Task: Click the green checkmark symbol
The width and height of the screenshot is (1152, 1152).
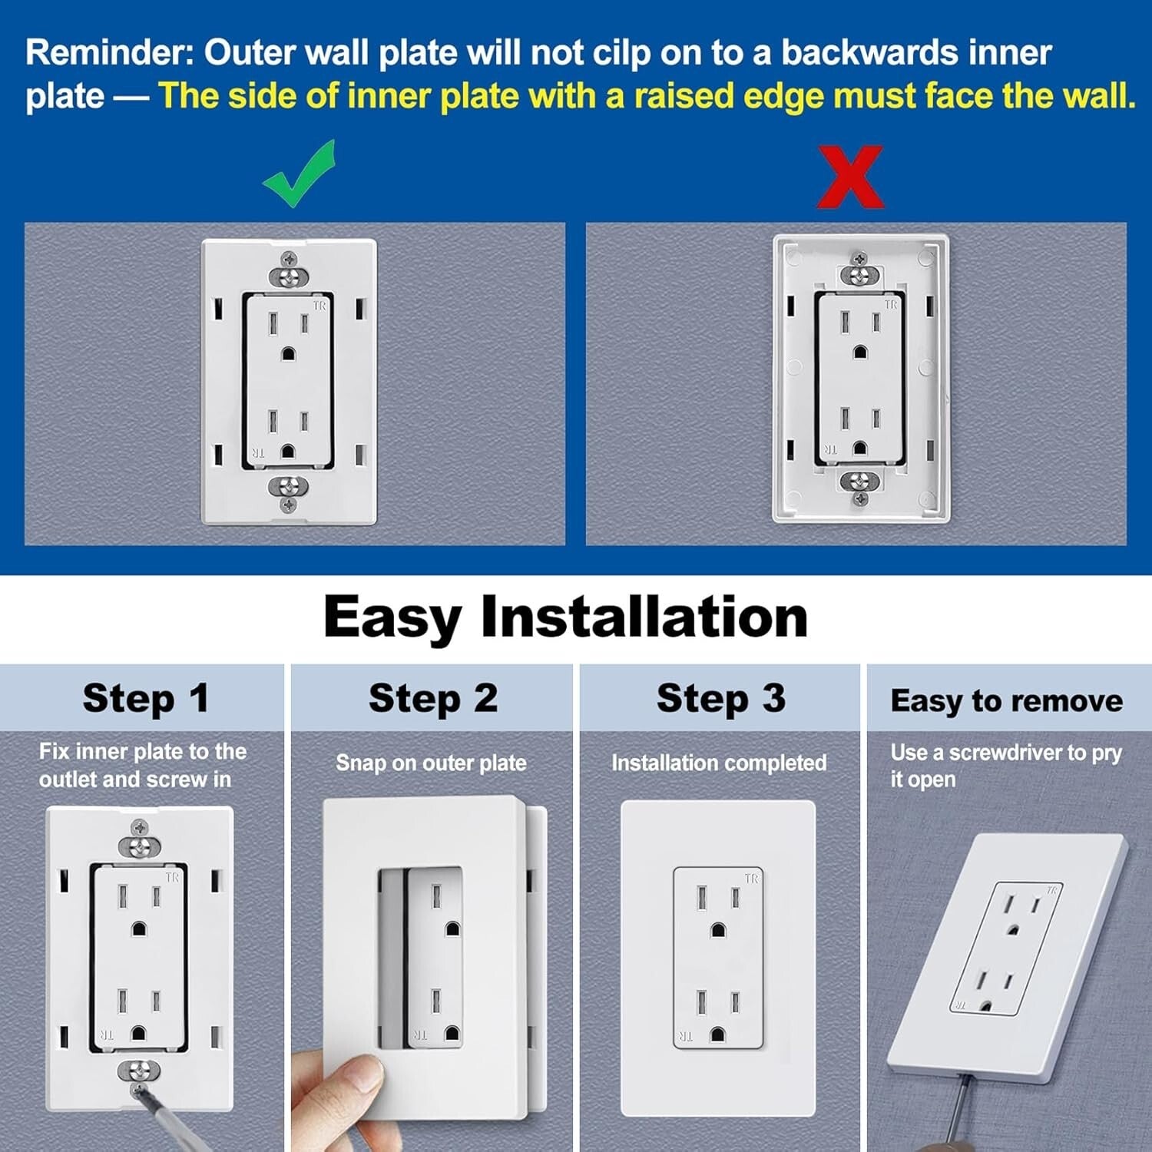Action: [x=299, y=175]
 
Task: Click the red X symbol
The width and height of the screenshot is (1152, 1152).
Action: [x=850, y=177]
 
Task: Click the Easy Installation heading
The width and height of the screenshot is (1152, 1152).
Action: [x=565, y=617]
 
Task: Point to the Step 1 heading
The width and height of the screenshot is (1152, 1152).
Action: [x=145, y=698]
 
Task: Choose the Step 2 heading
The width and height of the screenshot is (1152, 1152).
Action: [x=433, y=698]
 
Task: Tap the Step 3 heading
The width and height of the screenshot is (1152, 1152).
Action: [x=720, y=698]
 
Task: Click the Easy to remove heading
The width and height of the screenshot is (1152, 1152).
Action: [x=1006, y=700]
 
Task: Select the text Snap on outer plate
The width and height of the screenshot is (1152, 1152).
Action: [x=431, y=763]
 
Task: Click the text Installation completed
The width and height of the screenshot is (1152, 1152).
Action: [x=719, y=763]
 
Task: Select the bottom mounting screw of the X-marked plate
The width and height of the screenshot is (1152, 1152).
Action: [x=860, y=482]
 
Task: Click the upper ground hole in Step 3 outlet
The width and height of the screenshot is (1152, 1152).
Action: [x=717, y=930]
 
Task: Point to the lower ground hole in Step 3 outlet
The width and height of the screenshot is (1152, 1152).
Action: [x=717, y=1034]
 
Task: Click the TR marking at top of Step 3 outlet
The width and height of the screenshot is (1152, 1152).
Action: [x=751, y=878]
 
